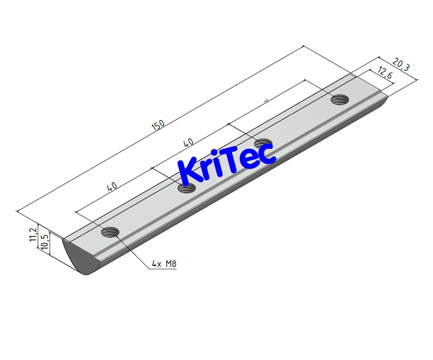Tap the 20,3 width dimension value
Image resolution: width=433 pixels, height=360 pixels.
pyautogui.click(x=401, y=63)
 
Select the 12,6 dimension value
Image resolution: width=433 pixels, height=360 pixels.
pyautogui.click(x=385, y=73)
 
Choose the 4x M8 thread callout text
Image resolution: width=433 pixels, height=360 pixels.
pyautogui.click(x=163, y=264)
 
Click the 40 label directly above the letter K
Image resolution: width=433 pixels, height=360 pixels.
pyautogui.click(x=188, y=142)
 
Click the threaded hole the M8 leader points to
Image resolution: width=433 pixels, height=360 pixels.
pyautogui.click(x=110, y=232)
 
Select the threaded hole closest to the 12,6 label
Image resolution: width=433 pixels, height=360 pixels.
pyautogui.click(x=340, y=100)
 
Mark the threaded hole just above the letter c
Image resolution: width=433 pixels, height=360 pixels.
pyautogui.click(x=263, y=144)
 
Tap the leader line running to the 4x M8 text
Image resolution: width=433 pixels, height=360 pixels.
pyautogui.click(x=133, y=252)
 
